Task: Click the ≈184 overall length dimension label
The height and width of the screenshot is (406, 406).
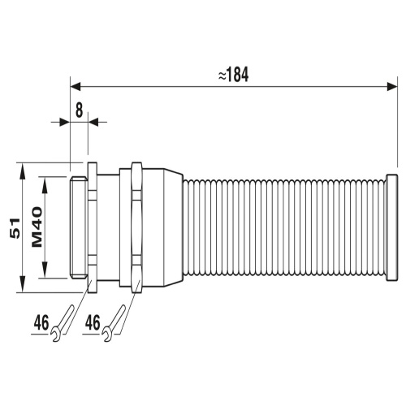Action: tap(233, 75)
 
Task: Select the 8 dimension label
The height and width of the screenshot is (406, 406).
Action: tap(79, 110)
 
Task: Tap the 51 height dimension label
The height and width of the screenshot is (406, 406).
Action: tap(15, 228)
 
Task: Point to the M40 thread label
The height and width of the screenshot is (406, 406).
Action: tap(37, 227)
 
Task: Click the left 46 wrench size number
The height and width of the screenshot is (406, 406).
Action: tap(41, 322)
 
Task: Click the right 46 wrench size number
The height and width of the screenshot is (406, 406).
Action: tap(93, 322)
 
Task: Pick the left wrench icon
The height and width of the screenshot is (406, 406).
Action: tap(63, 323)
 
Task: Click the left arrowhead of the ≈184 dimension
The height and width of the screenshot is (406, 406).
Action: tap(76, 87)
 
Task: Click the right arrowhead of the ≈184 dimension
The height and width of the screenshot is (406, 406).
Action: tap(392, 87)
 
